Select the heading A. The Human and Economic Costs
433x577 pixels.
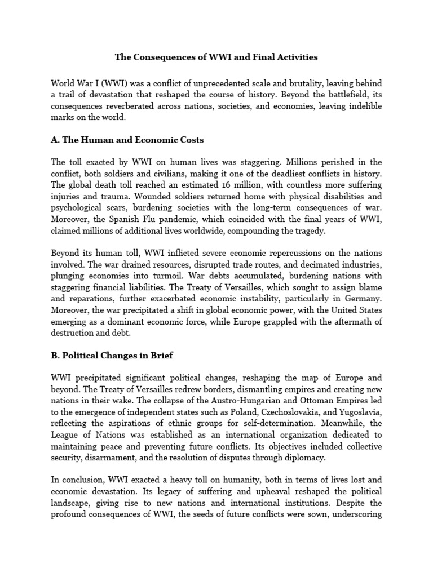(x=127, y=140)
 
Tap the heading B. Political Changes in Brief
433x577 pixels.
(x=120, y=357)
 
